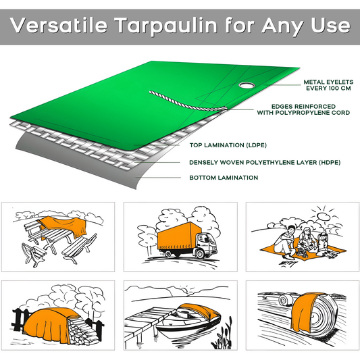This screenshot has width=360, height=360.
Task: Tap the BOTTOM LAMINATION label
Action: pyautogui.click(x=224, y=178)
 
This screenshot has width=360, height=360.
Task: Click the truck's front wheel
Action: pyautogui.click(x=201, y=254)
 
